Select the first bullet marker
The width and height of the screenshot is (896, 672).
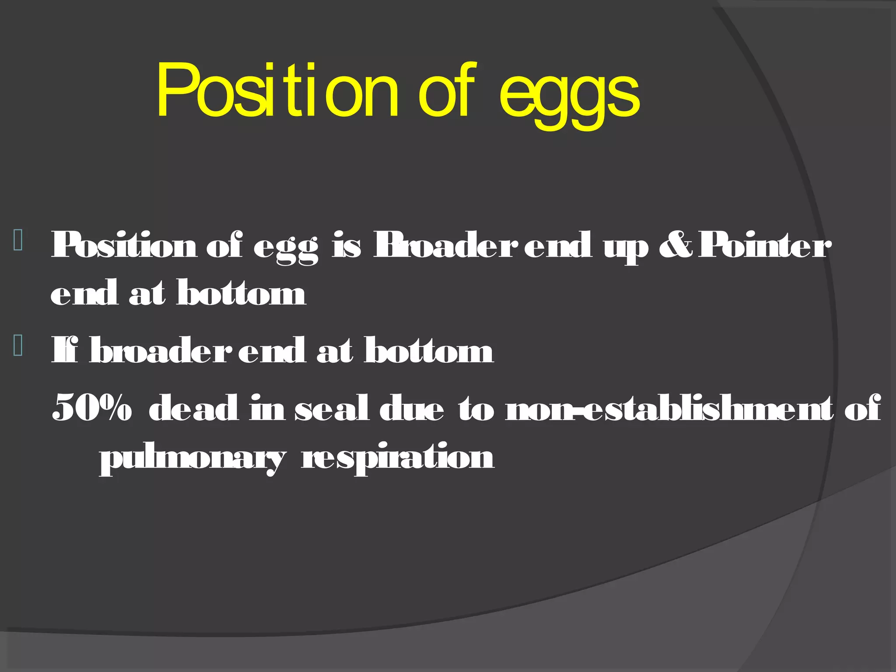18,240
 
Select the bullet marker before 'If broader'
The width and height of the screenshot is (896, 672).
18,345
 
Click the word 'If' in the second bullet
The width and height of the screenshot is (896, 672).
65,350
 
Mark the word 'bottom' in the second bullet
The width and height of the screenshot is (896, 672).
429,350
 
